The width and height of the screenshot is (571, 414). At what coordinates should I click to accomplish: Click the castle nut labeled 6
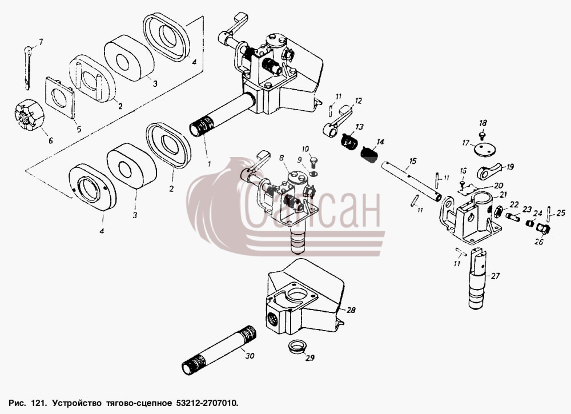click(x=29, y=115)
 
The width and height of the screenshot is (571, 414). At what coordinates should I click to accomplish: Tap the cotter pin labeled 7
click(x=28, y=67)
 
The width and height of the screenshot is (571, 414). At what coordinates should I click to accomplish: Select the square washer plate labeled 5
click(x=60, y=98)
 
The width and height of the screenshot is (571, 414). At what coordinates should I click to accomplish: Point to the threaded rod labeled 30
click(x=219, y=349)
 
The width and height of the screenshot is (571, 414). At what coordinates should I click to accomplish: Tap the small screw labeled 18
click(x=482, y=136)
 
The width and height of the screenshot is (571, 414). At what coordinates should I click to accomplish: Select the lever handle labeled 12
click(x=337, y=122)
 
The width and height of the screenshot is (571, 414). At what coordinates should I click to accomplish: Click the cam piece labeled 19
click(x=489, y=172)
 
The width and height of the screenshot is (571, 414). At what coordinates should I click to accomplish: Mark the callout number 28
click(x=351, y=310)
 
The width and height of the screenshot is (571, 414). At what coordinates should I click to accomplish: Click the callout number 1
click(x=209, y=164)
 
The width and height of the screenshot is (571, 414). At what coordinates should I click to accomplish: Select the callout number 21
click(x=503, y=195)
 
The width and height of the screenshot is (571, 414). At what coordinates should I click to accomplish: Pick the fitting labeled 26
click(x=544, y=229)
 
